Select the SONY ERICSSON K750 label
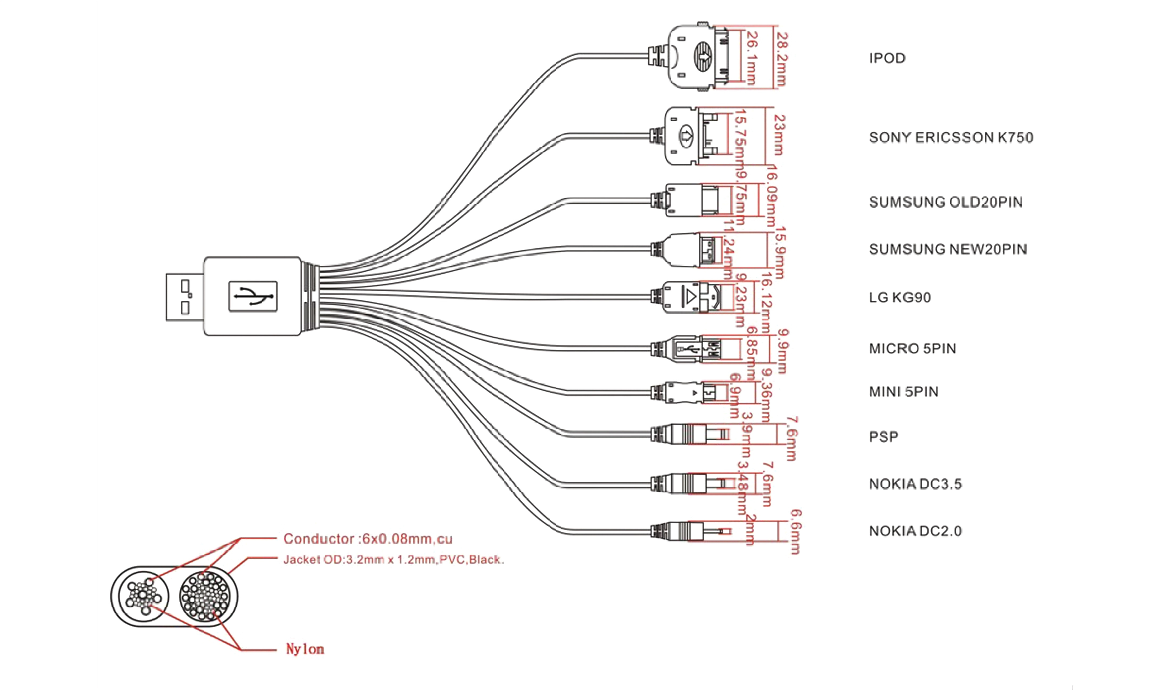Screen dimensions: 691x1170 click(950, 138)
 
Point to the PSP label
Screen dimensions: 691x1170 click(883, 437)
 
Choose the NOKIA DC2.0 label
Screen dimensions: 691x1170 click(915, 531)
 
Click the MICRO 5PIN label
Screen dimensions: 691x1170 click(912, 349)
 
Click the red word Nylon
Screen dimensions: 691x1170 click(304, 649)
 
